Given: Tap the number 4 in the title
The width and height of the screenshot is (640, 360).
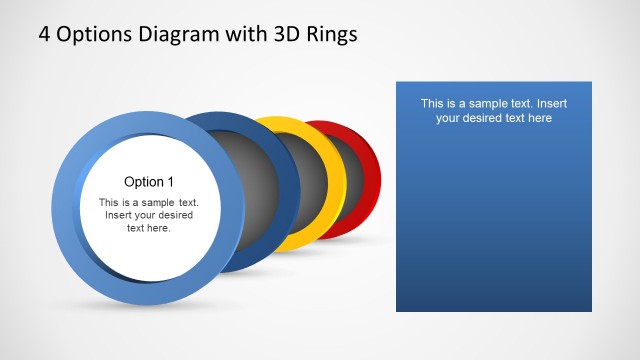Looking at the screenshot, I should click(45, 34).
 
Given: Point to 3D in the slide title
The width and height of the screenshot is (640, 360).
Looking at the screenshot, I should click(282, 34).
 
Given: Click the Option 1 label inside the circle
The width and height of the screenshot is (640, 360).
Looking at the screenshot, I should click(149, 182).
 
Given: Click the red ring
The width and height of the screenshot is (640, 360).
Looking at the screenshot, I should click(373, 180).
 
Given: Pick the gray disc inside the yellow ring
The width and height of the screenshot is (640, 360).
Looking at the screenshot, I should click(305, 185).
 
